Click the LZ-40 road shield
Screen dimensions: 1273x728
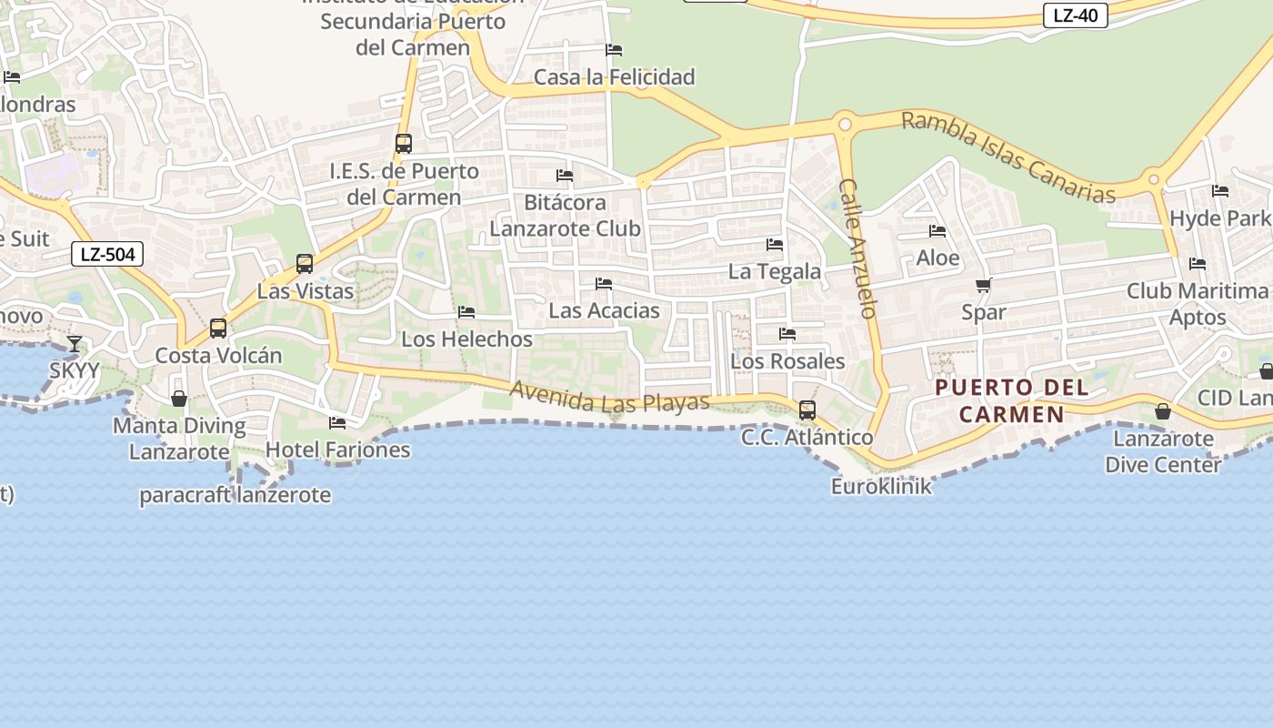[1075, 15]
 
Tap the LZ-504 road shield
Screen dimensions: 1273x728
[107, 254]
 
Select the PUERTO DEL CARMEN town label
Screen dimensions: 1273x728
[1011, 400]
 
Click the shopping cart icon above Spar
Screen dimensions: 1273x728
[983, 286]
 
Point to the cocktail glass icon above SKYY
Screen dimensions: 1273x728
[75, 343]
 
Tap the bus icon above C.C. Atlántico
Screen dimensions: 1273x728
[807, 409]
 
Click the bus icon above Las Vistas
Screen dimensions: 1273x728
[305, 264]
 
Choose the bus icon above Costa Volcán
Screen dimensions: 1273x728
[218, 328]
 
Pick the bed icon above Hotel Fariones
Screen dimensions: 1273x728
[337, 422]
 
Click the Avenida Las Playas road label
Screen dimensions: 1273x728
[609, 398]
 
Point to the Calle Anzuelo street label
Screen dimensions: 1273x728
[857, 248]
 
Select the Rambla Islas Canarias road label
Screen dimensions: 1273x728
[1007, 157]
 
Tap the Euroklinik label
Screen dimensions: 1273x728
[881, 486]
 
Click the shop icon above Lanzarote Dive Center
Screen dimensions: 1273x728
[1163, 412]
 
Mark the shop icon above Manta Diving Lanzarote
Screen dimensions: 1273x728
[179, 399]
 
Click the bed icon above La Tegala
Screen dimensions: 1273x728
[775, 244]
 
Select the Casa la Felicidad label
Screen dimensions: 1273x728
[614, 77]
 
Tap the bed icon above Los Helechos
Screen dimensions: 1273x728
[466, 312]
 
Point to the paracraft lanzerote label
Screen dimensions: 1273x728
[235, 496]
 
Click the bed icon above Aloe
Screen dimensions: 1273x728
[937, 231]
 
